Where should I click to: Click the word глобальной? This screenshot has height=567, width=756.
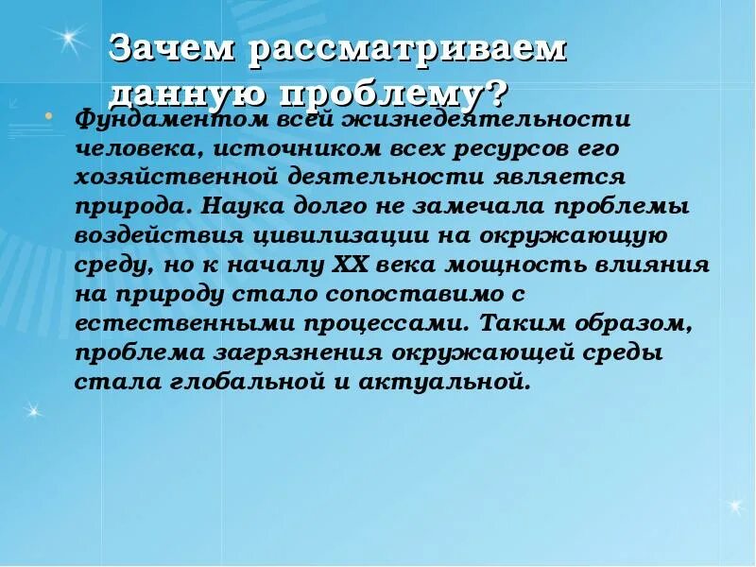pyautogui.click(x=239, y=381)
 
